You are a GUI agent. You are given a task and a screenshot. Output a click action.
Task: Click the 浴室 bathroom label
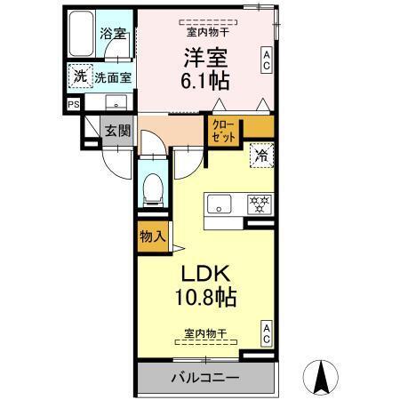click(114, 34)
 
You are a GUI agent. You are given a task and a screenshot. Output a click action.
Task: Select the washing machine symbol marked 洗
click(80, 76)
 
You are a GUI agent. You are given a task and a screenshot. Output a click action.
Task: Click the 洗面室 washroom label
click(114, 77)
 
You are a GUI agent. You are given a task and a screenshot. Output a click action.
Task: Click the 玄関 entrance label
click(117, 130)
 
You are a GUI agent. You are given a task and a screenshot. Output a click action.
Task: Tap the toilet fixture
click(152, 188)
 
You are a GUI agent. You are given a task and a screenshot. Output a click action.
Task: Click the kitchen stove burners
click(259, 203)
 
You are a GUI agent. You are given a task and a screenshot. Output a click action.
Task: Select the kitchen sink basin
click(219, 204)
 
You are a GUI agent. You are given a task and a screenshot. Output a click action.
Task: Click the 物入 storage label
click(152, 236)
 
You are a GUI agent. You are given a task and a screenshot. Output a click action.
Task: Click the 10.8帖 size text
click(206, 294)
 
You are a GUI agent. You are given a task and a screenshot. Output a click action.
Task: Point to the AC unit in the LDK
click(266, 333)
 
